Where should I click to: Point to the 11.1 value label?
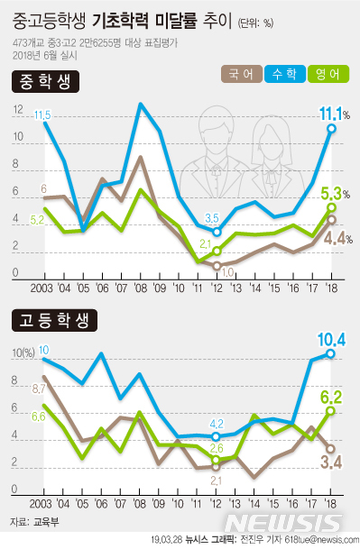coord(333,114)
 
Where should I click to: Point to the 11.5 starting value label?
coord(41,114)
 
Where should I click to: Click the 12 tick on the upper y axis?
coord(18,110)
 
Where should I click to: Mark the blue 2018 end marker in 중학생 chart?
coord(332,129)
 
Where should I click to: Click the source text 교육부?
coord(43,522)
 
